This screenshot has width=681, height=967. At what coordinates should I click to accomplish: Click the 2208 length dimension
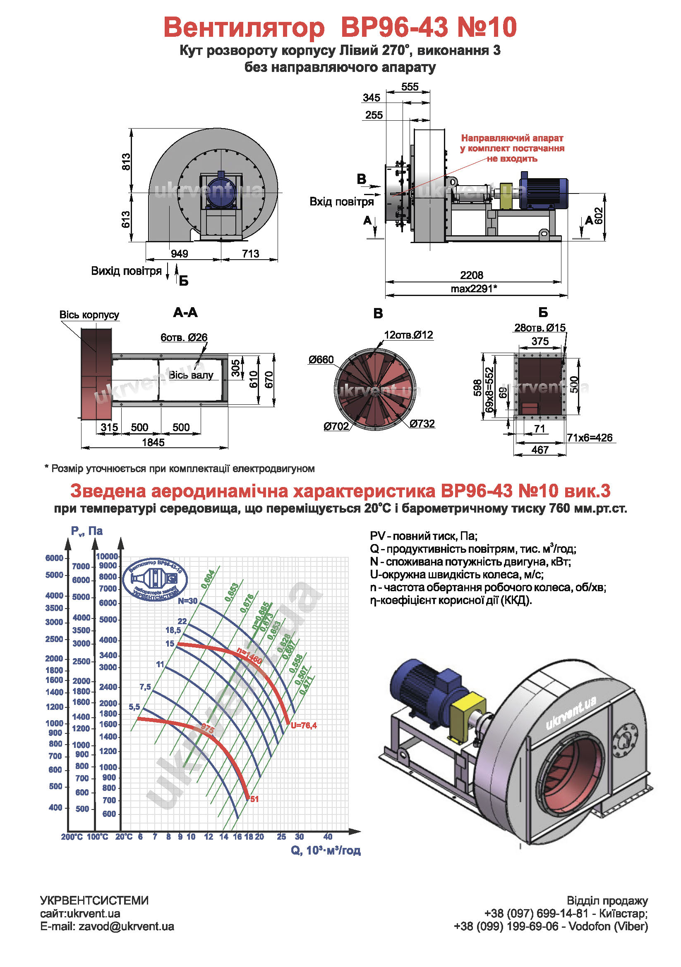471,275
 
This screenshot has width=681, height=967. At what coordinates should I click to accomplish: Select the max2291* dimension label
474,289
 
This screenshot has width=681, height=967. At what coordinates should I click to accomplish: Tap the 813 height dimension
126,162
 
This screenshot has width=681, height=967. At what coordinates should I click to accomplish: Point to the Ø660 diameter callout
321,360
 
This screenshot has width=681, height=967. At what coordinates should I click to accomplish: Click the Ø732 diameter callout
422,423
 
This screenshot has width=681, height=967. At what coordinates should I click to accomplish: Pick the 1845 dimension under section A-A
153,442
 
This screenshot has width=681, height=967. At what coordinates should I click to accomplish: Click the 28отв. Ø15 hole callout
540,328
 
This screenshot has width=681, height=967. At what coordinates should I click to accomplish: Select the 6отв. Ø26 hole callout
184,337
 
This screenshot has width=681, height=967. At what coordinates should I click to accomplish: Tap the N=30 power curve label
187,601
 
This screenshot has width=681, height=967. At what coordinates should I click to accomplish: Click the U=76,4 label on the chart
303,725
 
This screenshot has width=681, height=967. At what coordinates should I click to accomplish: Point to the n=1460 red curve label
249,656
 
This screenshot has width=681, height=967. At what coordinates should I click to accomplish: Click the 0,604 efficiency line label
208,579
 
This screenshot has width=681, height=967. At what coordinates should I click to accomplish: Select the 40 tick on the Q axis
328,836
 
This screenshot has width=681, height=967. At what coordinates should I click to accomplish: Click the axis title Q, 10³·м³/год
325,851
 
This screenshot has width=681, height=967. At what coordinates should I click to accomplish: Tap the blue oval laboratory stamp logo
155,579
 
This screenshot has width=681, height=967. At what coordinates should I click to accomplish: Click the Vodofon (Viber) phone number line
550,926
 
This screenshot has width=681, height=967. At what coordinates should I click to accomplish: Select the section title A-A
185,313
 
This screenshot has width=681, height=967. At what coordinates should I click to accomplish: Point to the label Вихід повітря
126,271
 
